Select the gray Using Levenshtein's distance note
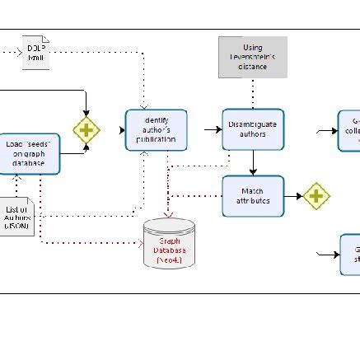tap(253, 57)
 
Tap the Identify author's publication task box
tap(156, 129)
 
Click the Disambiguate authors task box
tap(253, 129)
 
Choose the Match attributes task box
tap(253, 196)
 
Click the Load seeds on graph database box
tap(29, 154)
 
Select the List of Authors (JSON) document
tap(18, 215)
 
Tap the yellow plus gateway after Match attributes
tap(316, 196)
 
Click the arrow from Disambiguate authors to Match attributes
tap(253, 162)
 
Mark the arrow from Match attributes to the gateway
tap(292, 196)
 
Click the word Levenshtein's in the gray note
tap(253, 57)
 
